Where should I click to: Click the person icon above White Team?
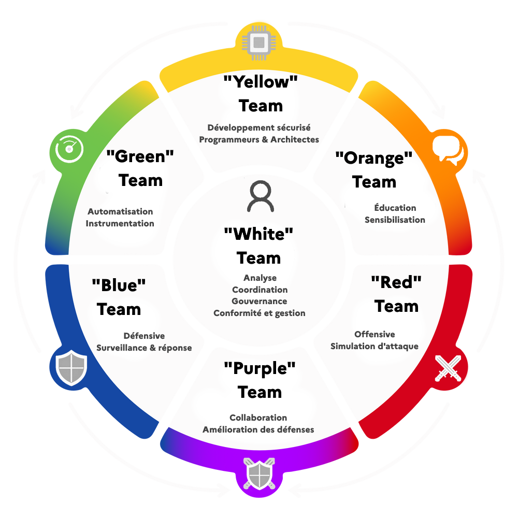coord(260,197)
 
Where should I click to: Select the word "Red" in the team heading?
coord(396,282)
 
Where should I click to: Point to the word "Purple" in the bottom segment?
coord(260,369)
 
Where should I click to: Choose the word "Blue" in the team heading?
coord(119,285)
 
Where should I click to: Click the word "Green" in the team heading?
coord(140,156)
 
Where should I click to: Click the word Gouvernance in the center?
coord(259,301)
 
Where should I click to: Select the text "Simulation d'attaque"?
coord(374,346)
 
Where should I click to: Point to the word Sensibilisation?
coord(395,220)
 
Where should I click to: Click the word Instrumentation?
coord(120,223)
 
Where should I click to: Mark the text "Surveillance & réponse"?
coord(144,348)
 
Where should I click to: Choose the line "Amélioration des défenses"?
coord(258,429)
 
